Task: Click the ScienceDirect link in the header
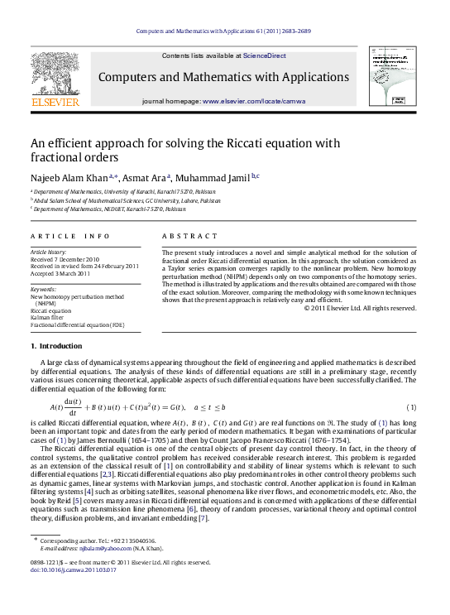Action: (263, 55)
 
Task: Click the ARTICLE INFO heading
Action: (64, 236)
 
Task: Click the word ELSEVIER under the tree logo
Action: (55, 103)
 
